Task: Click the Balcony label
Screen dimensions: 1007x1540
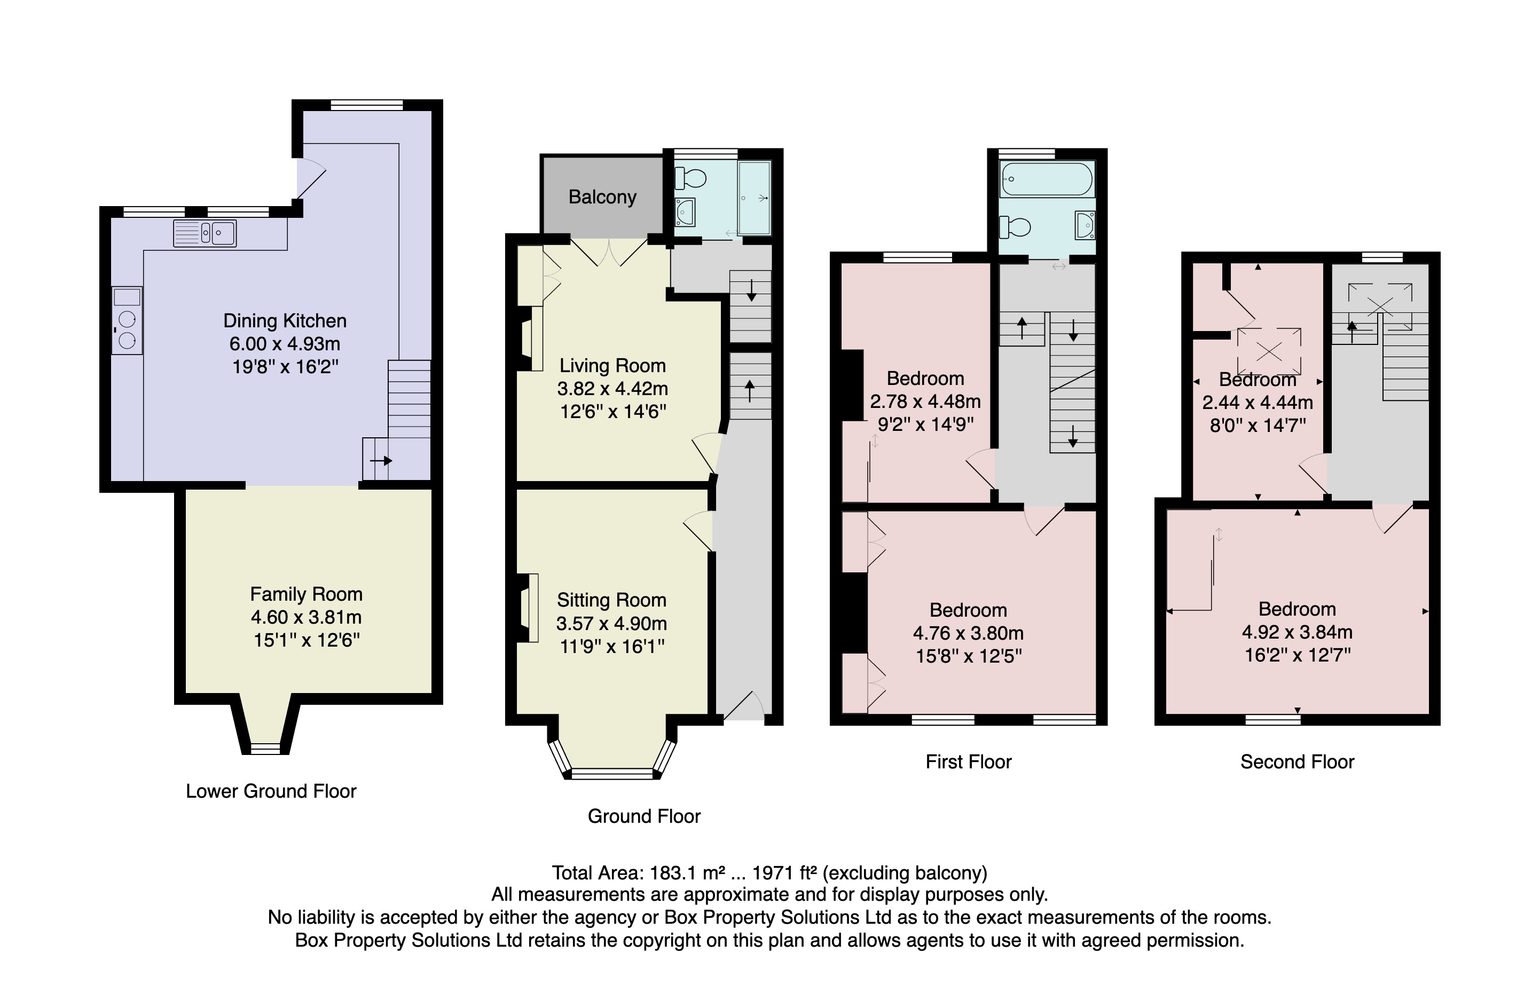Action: coord(602,196)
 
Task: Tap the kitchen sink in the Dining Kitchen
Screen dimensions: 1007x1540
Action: coord(205,233)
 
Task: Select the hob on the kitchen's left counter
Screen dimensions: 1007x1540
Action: coord(127,330)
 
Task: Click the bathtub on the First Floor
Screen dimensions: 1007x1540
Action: coord(1046,179)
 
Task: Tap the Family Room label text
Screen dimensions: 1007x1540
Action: coord(306,594)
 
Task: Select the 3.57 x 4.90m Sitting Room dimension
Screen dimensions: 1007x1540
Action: coord(611,623)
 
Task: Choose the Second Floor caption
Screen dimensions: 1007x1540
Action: coord(1297,762)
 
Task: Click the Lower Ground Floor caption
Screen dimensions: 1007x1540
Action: coord(271,791)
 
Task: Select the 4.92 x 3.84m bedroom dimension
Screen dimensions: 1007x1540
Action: coord(1297,632)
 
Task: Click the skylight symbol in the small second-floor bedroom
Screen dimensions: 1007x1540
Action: coord(1268,351)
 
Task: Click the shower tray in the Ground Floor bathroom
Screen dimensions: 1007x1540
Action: coord(755,198)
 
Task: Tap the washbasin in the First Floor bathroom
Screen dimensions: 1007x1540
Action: coord(1085,225)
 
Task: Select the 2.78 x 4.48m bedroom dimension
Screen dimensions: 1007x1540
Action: coord(925,401)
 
